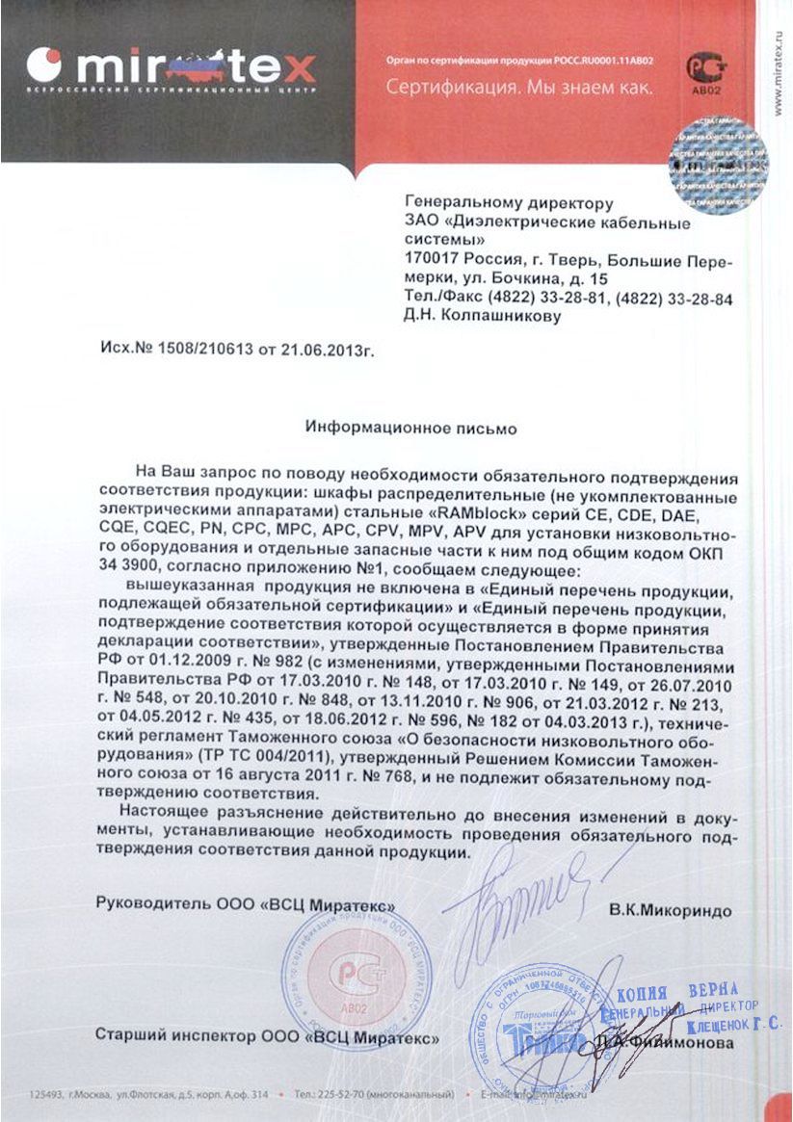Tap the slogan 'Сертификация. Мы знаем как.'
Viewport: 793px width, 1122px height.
[x=519, y=88]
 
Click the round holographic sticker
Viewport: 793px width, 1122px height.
[x=718, y=164]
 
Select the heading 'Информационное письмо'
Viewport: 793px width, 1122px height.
[x=411, y=426]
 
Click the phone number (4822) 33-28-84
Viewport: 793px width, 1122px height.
[x=674, y=300]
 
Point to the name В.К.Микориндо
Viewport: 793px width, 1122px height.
[x=670, y=910]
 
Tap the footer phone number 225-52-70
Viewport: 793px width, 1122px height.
[x=342, y=1095]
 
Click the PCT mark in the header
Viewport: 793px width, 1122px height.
[x=700, y=68]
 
